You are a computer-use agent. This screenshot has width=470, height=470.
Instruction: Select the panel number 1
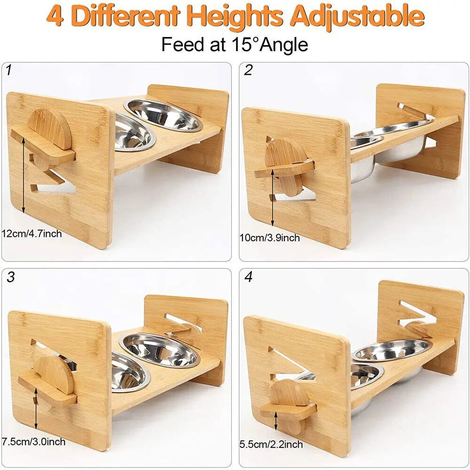coord(9,71)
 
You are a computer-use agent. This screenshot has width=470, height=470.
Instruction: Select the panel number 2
coord(248,71)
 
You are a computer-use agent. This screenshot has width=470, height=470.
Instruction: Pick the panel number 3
coord(10,277)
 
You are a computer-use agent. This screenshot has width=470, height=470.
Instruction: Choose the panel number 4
coord(248,277)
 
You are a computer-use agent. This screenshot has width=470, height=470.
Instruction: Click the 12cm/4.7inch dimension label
coord(31,233)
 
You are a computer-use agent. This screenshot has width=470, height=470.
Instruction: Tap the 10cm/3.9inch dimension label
coord(269,238)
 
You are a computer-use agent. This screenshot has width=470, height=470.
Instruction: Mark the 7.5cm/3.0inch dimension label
coord(33,442)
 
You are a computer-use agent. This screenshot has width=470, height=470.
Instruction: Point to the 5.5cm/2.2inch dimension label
coord(271,444)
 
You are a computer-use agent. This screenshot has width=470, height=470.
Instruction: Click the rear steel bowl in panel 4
coord(392,349)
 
